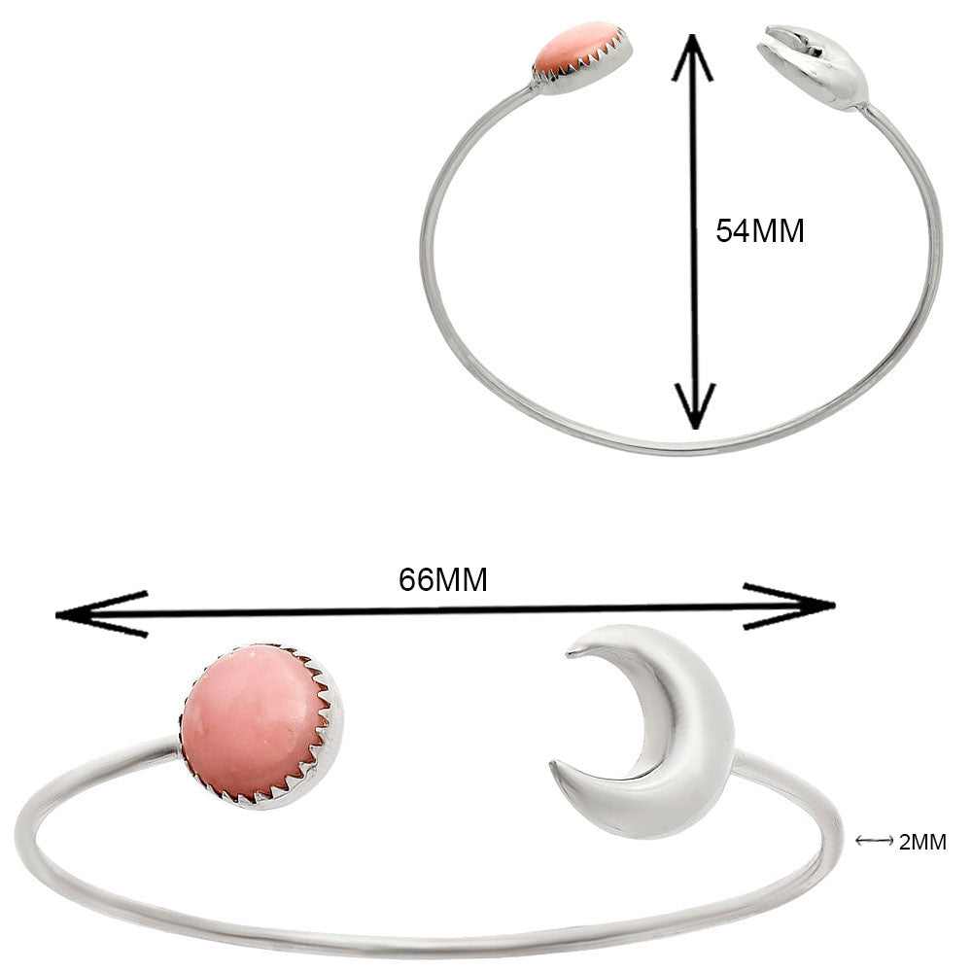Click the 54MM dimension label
759,230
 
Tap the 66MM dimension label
442,579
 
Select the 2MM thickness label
922,842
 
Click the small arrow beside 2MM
875,841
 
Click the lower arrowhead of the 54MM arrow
694,406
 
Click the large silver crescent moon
671,739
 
